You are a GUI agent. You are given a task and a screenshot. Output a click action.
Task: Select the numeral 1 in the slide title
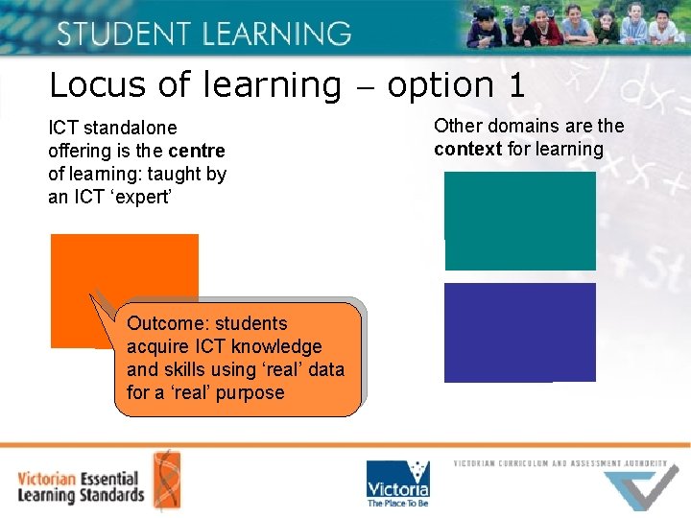516,86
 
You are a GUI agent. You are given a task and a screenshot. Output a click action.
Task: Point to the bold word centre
197,151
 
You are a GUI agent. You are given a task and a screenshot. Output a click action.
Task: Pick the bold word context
467,149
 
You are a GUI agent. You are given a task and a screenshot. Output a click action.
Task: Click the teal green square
520,221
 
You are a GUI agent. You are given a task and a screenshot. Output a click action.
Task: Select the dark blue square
520,332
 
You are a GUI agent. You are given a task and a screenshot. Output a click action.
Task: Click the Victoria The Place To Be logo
397,483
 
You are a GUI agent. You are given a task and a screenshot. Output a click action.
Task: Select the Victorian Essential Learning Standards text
81,486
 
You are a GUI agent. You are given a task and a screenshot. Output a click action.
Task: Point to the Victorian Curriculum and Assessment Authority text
560,463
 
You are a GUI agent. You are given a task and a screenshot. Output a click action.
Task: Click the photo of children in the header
577,26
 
